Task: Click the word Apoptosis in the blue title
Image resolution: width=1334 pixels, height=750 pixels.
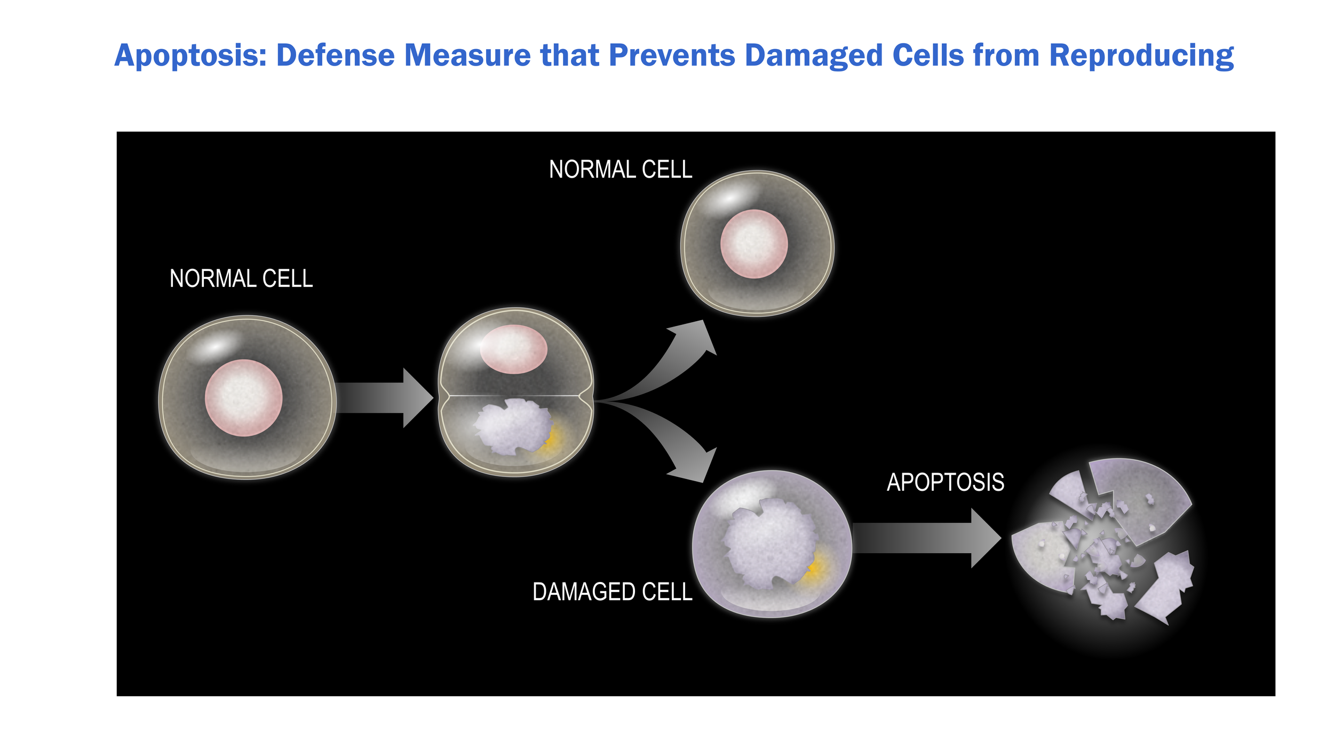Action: pyautogui.click(x=189, y=56)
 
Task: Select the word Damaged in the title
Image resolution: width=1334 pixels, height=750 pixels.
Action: pyautogui.click(x=813, y=56)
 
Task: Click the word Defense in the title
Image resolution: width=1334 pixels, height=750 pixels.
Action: pyautogui.click(x=335, y=56)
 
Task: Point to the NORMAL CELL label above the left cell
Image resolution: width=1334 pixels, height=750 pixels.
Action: pyautogui.click(x=241, y=279)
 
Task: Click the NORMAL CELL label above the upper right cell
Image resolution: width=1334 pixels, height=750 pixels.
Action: pyautogui.click(x=621, y=170)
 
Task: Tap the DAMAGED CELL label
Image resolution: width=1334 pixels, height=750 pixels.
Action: pyautogui.click(x=612, y=592)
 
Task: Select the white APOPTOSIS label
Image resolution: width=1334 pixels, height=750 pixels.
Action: pyautogui.click(x=945, y=482)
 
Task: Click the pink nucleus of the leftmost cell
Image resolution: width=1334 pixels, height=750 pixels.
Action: pyautogui.click(x=244, y=398)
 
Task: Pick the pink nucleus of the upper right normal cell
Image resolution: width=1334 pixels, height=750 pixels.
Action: pyautogui.click(x=753, y=244)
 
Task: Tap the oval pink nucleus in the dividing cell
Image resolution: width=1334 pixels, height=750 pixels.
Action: pyautogui.click(x=513, y=349)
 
